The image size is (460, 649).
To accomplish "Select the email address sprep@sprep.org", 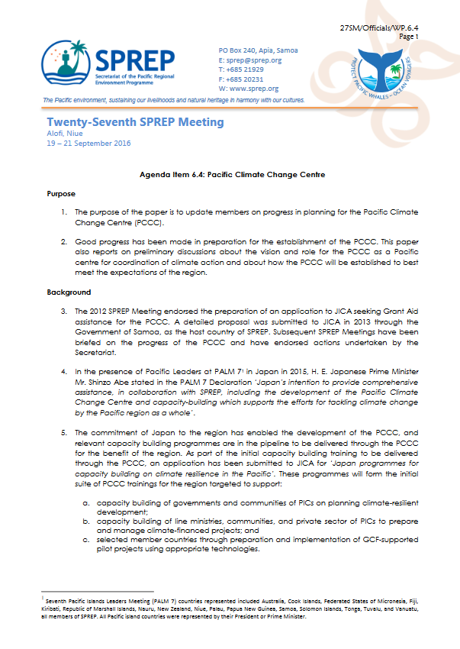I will pos(249,60).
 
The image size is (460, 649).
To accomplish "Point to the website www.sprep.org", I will pos(249,89).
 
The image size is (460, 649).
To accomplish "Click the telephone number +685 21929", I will pos(241,69).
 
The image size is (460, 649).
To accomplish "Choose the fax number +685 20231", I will pos(241,79).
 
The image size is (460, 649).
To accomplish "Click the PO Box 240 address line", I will pos(258,50).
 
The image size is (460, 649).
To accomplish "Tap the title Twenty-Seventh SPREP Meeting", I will pos(135,122).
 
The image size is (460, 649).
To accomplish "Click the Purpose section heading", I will pos(61,194).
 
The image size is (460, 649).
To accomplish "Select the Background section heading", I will pos(68,292).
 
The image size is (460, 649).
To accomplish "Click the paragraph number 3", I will pos(64,312).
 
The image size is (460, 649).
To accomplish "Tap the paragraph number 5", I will pos(64,432).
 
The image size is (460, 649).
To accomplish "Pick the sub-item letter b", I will pos(88,521).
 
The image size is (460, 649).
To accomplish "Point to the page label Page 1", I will pos(429,36).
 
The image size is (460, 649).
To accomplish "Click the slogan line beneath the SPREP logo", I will pos(174,100).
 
